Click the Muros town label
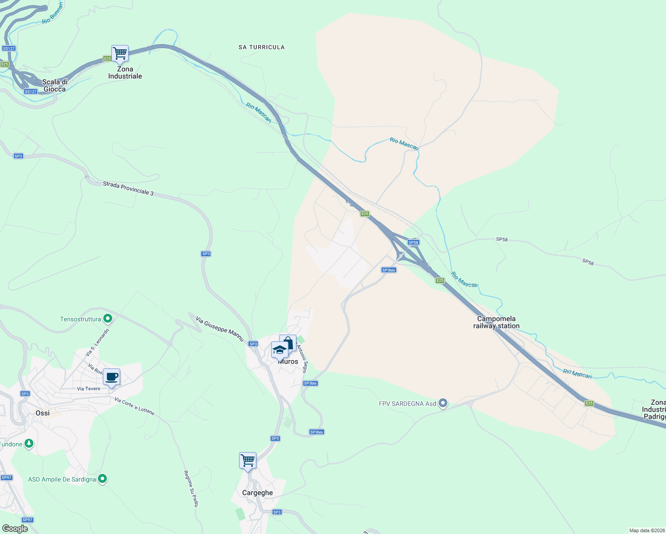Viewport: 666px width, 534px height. tap(288, 362)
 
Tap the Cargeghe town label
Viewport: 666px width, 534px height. tap(257, 493)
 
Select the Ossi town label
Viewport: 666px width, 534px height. tap(43, 413)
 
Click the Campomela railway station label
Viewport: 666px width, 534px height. tap(496, 322)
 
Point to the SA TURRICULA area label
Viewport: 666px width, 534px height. tap(261, 47)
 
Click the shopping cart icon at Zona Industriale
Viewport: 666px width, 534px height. tap(120, 53)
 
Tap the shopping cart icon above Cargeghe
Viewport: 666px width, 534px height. tap(248, 461)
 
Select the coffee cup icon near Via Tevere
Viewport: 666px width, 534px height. tap(111, 377)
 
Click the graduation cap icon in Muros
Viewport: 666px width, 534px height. tap(280, 350)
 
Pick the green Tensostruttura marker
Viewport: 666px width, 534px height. tap(107, 319)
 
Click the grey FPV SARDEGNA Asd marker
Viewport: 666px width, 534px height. tap(443, 403)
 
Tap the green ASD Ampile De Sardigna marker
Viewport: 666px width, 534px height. tap(102, 479)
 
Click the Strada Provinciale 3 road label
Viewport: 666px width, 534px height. tap(128, 188)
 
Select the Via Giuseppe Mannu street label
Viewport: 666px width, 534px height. tap(220, 329)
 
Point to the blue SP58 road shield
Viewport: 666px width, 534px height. tap(414, 243)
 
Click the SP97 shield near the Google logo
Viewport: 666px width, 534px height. tap(28, 520)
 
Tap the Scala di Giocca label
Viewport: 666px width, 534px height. tap(54, 85)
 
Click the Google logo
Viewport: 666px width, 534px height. tap(15, 529)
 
